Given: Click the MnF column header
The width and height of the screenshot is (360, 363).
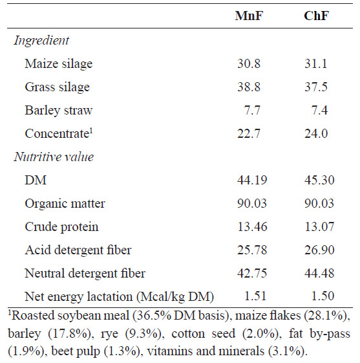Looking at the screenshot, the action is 249,16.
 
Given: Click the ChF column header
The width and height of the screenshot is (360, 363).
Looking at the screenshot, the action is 316,16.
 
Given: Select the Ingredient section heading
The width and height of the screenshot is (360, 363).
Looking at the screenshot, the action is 41,41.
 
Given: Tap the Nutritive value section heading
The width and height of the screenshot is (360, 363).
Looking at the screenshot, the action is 54,157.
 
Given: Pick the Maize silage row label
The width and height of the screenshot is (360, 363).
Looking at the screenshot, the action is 59,63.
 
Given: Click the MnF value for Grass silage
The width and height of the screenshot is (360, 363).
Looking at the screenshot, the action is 249,87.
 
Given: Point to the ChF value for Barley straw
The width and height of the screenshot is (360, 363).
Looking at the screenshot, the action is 319,110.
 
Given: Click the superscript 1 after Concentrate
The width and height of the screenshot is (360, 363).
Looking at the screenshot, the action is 91,131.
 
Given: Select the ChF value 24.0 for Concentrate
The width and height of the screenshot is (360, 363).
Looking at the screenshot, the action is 316,133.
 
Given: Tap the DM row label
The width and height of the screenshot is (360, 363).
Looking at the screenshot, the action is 36,180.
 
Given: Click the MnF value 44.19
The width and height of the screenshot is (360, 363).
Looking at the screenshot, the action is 252,180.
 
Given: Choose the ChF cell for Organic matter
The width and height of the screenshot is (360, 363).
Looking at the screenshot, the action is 319,203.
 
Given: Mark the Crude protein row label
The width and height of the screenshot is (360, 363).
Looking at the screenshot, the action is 61,227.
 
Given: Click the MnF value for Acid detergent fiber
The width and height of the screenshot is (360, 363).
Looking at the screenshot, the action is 252,250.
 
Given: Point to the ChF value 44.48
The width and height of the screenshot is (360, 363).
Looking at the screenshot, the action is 319,273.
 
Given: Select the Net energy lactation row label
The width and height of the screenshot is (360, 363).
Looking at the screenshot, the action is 120,297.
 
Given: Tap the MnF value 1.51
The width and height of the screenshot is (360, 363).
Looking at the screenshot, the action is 255,296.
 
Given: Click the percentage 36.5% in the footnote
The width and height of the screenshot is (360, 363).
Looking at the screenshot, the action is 154,316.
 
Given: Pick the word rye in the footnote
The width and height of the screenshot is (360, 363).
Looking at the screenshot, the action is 109,335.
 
